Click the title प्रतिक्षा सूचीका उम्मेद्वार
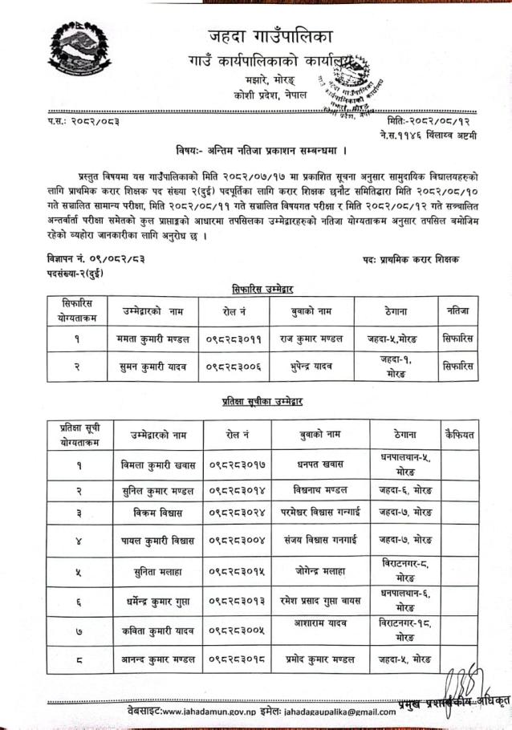pyautogui.click(x=262, y=400)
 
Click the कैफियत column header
pyautogui.click(x=461, y=434)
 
